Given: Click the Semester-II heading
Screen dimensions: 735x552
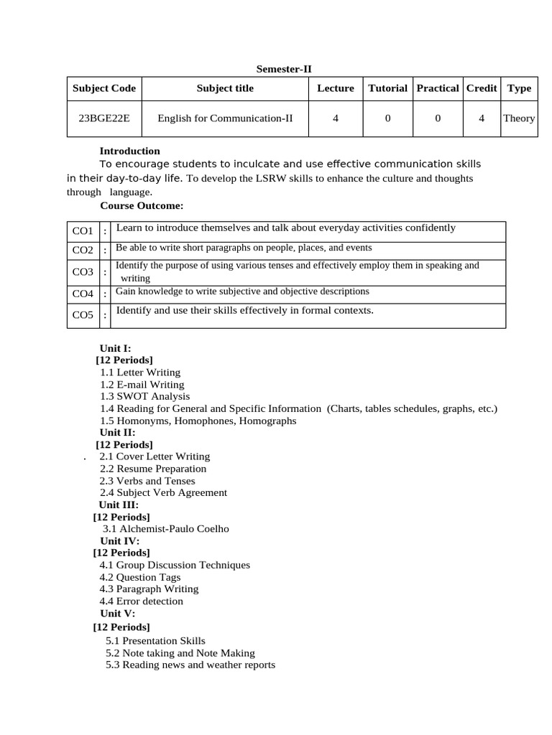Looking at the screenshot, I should tap(284, 69).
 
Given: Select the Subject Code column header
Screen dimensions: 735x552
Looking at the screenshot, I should tap(103, 88).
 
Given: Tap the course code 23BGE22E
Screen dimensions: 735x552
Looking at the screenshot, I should tap(103, 118).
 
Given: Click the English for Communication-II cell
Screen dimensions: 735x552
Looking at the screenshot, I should tap(225, 118).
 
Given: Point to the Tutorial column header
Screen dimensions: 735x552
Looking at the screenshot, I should tap(387, 88).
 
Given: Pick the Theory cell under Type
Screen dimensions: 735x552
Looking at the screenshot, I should tap(519, 118).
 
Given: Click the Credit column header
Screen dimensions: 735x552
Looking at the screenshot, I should tap(482, 88).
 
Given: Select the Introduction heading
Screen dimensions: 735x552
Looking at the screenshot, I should tap(129, 151).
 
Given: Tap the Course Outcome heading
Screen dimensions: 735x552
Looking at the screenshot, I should tap(142, 205).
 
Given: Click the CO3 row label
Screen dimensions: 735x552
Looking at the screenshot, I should tap(83, 272).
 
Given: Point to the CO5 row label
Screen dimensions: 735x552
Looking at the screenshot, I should tap(83, 315).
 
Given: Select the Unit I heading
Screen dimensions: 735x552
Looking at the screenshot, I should tap(115, 348).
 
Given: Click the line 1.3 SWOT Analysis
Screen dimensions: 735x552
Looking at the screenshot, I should tap(145, 396).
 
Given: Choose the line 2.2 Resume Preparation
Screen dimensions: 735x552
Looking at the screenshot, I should tap(153, 469).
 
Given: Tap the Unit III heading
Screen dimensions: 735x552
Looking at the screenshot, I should tap(119, 505).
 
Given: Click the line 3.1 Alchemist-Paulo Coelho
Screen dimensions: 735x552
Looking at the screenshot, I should tap(166, 529).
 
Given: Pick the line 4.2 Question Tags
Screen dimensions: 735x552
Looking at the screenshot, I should tap(140, 577).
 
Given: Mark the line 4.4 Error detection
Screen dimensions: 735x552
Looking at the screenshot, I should tap(142, 601).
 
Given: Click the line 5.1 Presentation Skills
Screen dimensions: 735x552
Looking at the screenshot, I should tap(155, 640).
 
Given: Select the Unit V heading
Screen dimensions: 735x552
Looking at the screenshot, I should tap(117, 613).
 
